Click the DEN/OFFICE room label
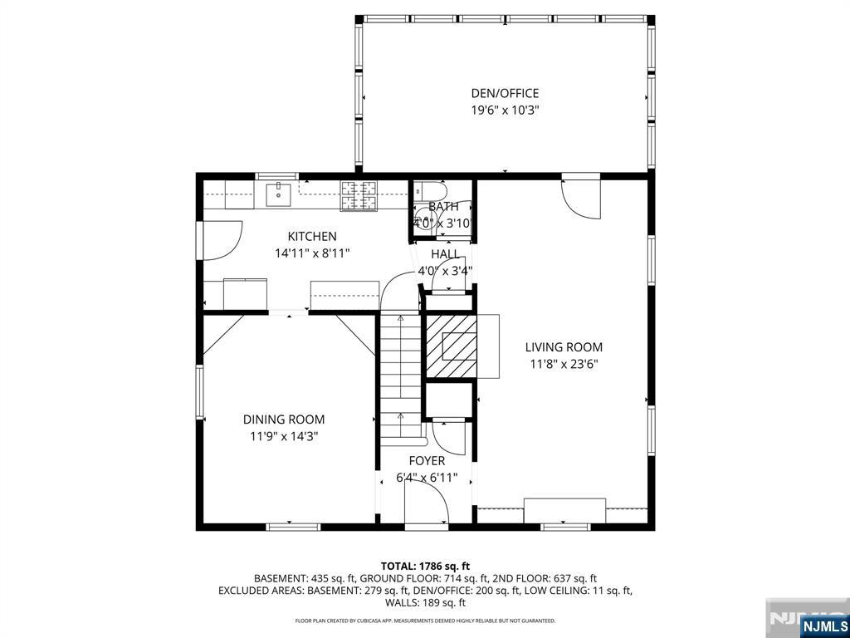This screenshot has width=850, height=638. click(x=505, y=94)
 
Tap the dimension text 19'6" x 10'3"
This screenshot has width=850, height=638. click(x=505, y=110)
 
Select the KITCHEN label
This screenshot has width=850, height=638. click(x=312, y=237)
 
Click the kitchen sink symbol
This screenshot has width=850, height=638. click(x=277, y=194)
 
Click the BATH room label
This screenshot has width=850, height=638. click(x=443, y=207)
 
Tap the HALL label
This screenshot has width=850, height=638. click(x=445, y=254)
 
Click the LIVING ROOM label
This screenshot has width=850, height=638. click(x=564, y=347)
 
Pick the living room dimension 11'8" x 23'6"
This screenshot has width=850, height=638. click(x=564, y=363)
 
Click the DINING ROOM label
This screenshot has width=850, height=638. click(x=284, y=420)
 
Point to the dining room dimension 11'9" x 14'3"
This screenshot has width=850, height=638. click(x=284, y=435)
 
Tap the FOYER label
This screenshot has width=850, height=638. click(x=427, y=461)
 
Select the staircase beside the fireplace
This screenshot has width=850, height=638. click(x=401, y=374)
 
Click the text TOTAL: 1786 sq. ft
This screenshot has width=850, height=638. click(x=425, y=567)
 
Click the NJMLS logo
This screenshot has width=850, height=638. click(x=823, y=626)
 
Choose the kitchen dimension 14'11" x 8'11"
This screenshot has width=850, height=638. click(x=312, y=253)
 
